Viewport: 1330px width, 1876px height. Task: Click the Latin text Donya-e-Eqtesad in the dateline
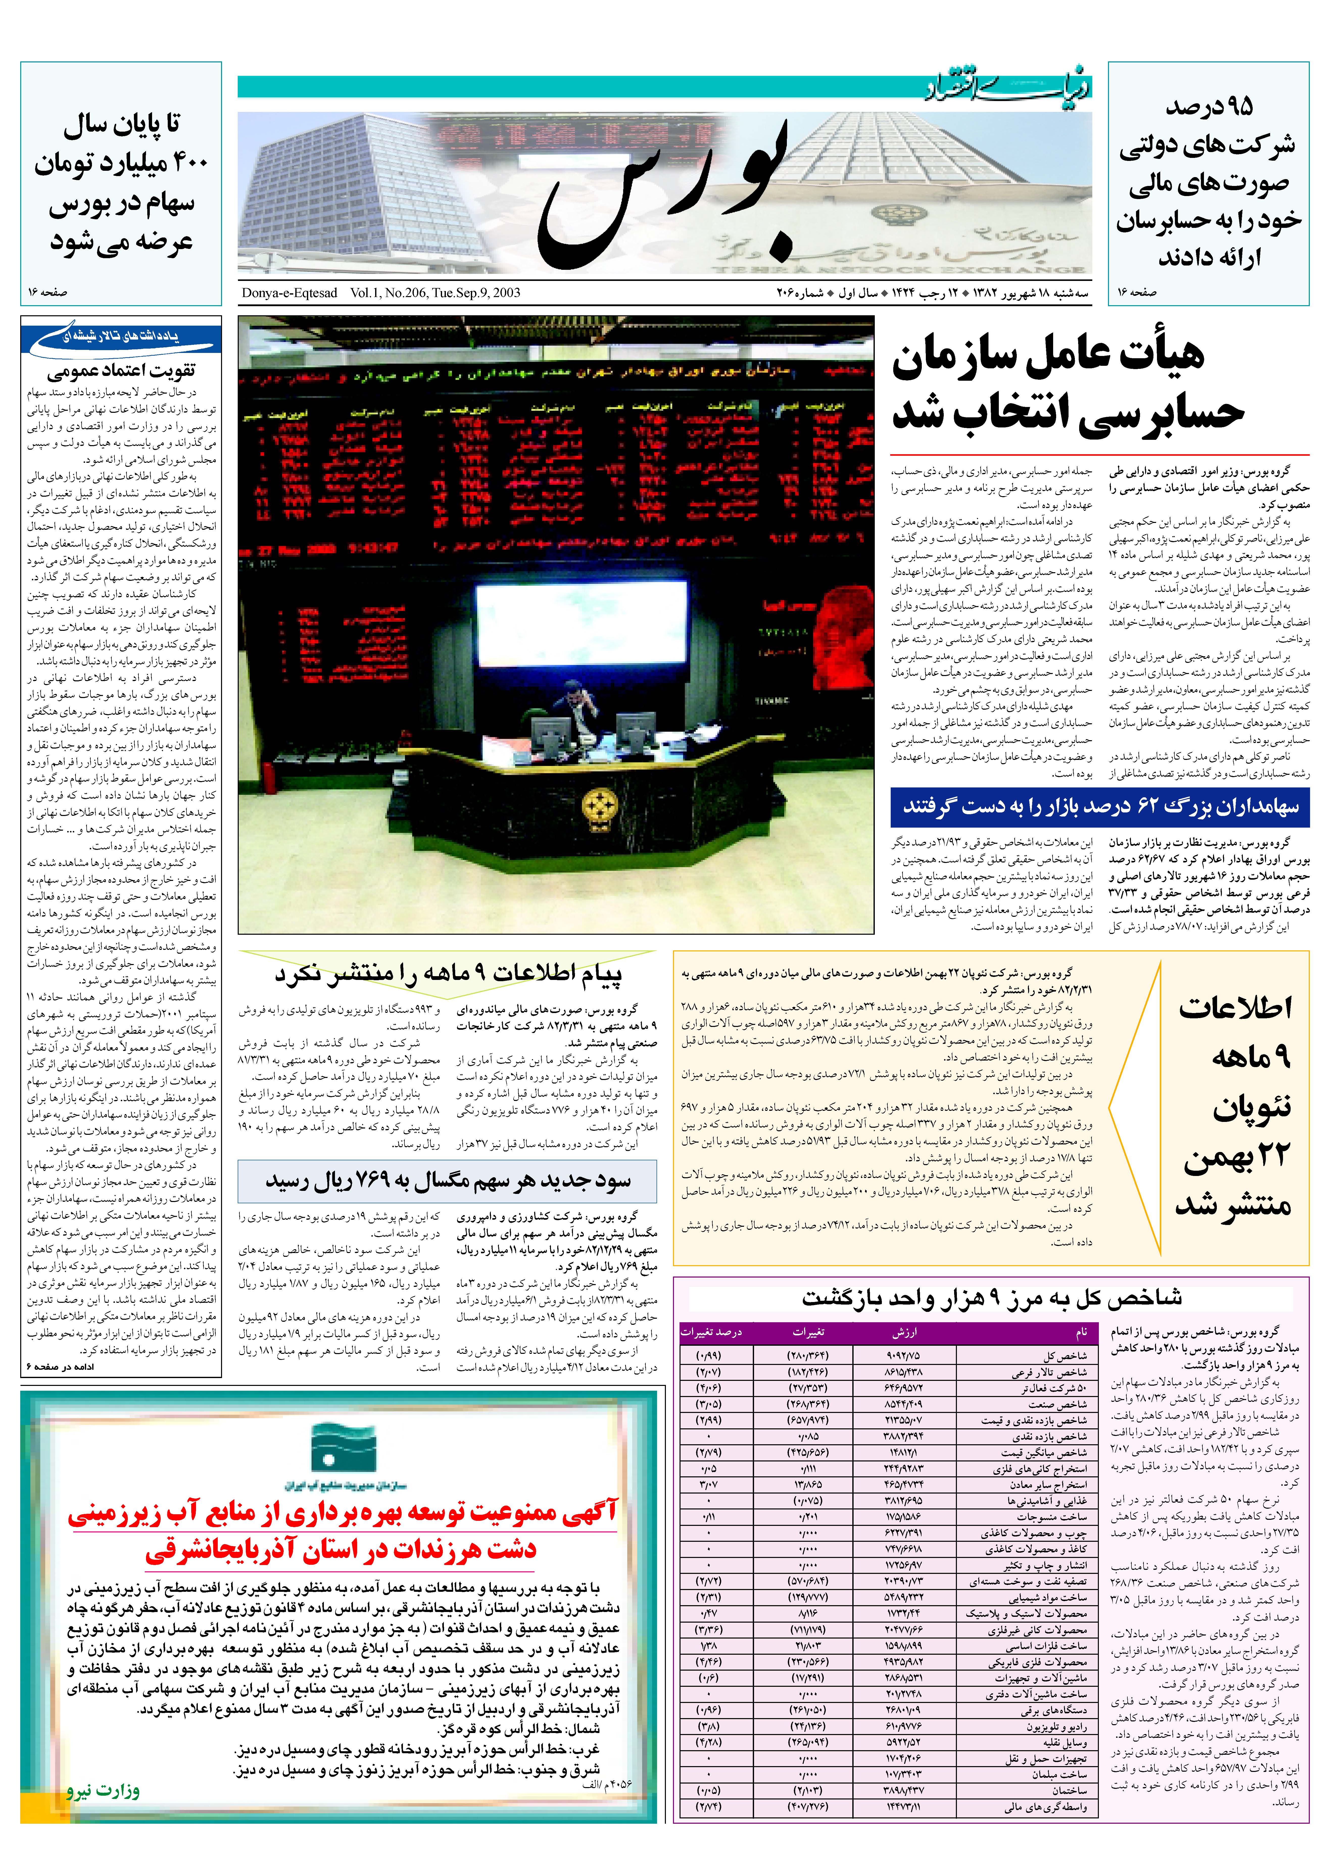[289, 293]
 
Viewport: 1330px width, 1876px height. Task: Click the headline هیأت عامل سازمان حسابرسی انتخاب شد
[1065, 385]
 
